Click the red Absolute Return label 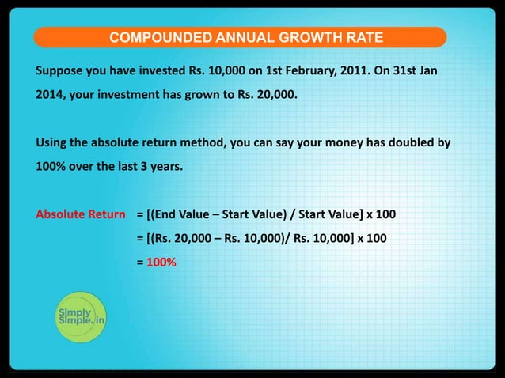(81, 214)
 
